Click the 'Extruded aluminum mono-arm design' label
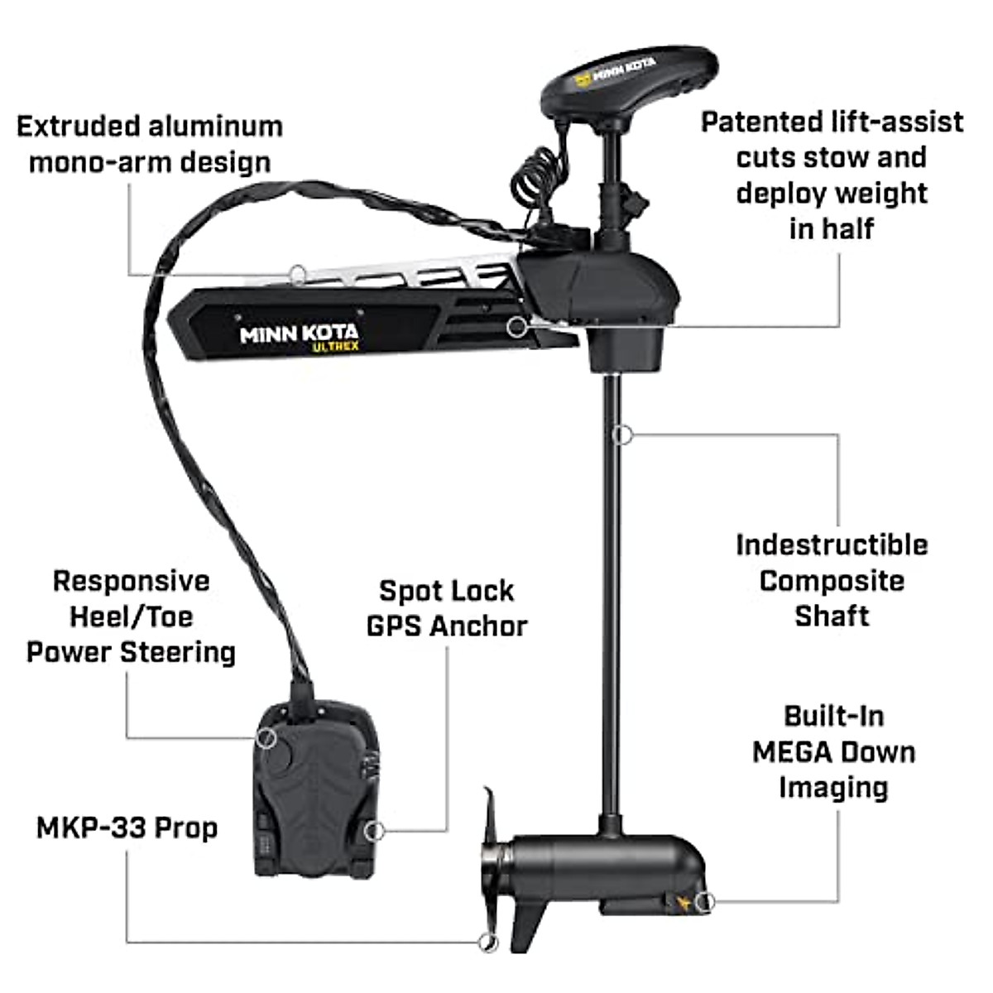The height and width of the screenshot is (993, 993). pyautogui.click(x=150, y=144)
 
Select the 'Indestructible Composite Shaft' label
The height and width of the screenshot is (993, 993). pyautogui.click(x=832, y=580)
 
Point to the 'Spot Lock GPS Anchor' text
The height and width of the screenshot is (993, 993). pyautogui.click(x=447, y=608)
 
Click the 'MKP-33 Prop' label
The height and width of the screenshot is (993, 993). pyautogui.click(x=127, y=827)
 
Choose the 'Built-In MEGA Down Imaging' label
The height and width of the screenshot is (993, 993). pyautogui.click(x=834, y=751)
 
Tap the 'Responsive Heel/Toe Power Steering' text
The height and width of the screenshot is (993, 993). pyautogui.click(x=131, y=616)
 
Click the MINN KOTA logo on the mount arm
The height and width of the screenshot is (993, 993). pyautogui.click(x=299, y=333)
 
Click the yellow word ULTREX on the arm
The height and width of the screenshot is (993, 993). pyautogui.click(x=335, y=348)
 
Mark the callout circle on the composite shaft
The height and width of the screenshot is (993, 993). pyautogui.click(x=623, y=433)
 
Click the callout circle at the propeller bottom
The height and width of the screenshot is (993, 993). pyautogui.click(x=489, y=941)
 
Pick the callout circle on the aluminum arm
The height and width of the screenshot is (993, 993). pyautogui.click(x=297, y=272)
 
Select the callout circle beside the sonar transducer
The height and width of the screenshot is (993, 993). pyautogui.click(x=704, y=901)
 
